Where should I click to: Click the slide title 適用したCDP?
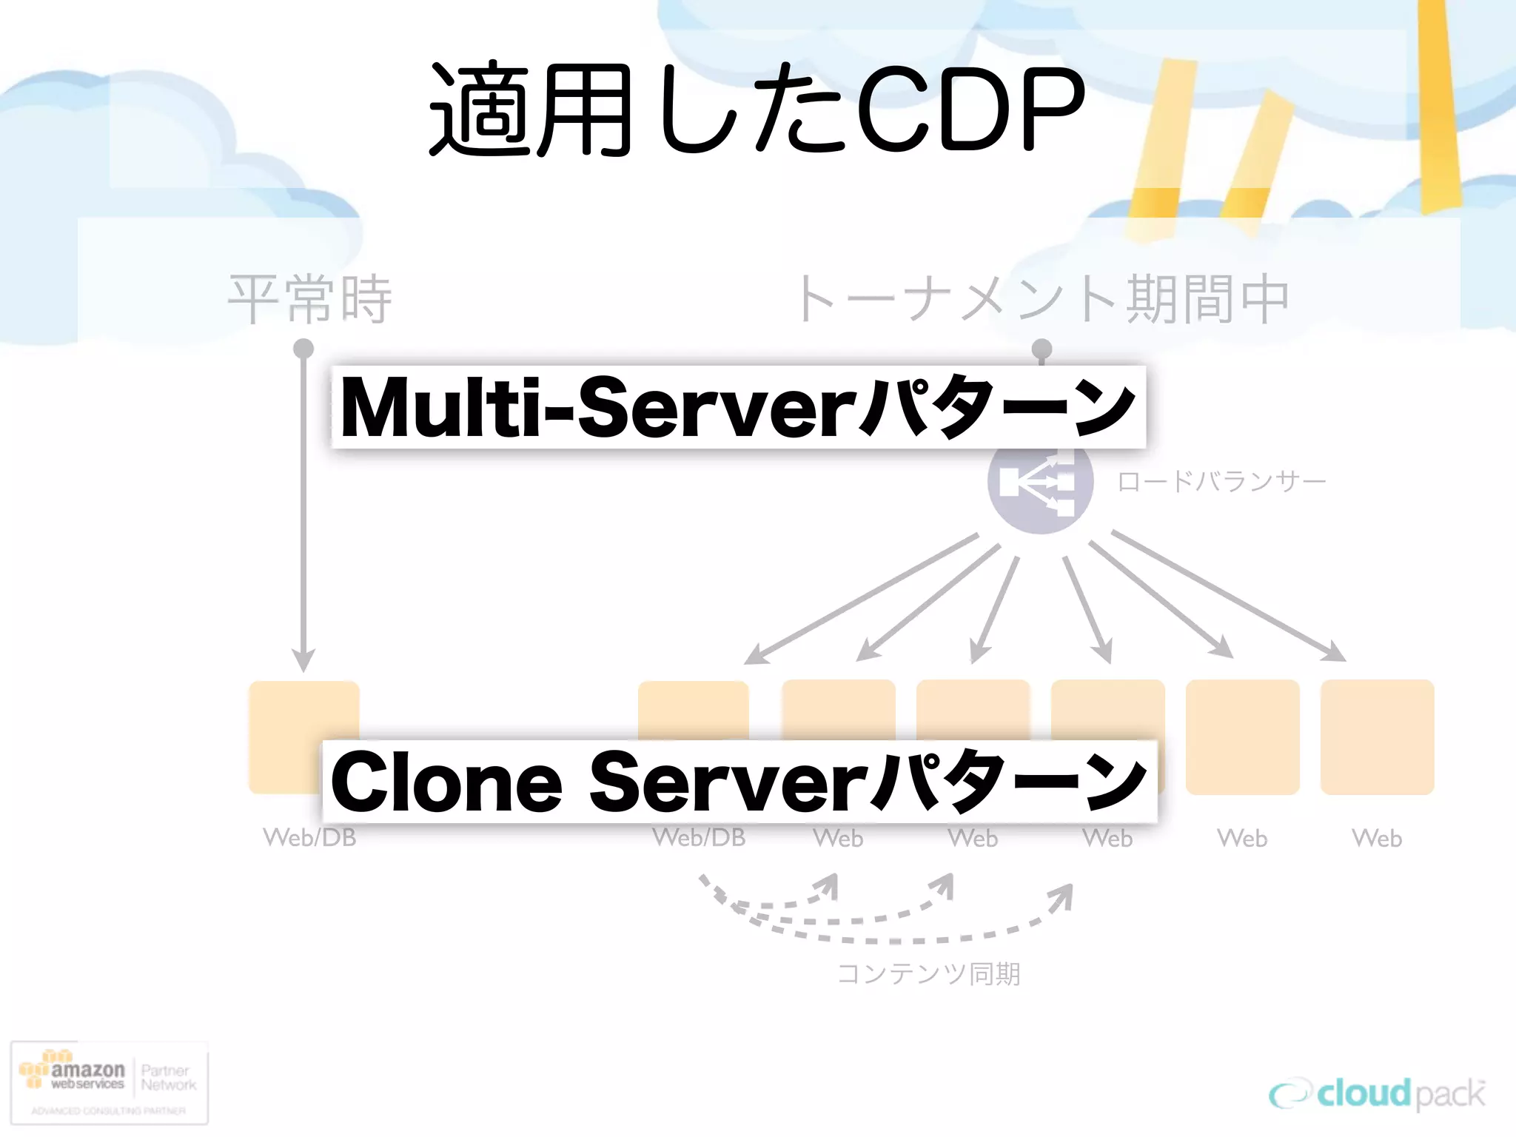tap(757, 111)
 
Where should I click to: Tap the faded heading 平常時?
tap(309, 299)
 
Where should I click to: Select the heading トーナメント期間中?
tap(1042, 299)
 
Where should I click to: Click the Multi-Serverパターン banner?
tap(738, 407)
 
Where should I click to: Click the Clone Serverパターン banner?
tap(739, 782)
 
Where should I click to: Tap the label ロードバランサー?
tap(1221, 482)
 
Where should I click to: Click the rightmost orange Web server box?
tap(1377, 737)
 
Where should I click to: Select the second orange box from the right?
tap(1242, 737)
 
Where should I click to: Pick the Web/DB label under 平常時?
tap(309, 838)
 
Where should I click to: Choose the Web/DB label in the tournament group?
tap(698, 838)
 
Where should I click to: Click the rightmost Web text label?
tap(1377, 839)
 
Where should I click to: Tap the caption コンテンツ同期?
tap(928, 973)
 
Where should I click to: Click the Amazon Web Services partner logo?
tap(109, 1083)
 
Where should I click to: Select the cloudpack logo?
tap(1377, 1094)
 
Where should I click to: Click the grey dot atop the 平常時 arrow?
tap(303, 348)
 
